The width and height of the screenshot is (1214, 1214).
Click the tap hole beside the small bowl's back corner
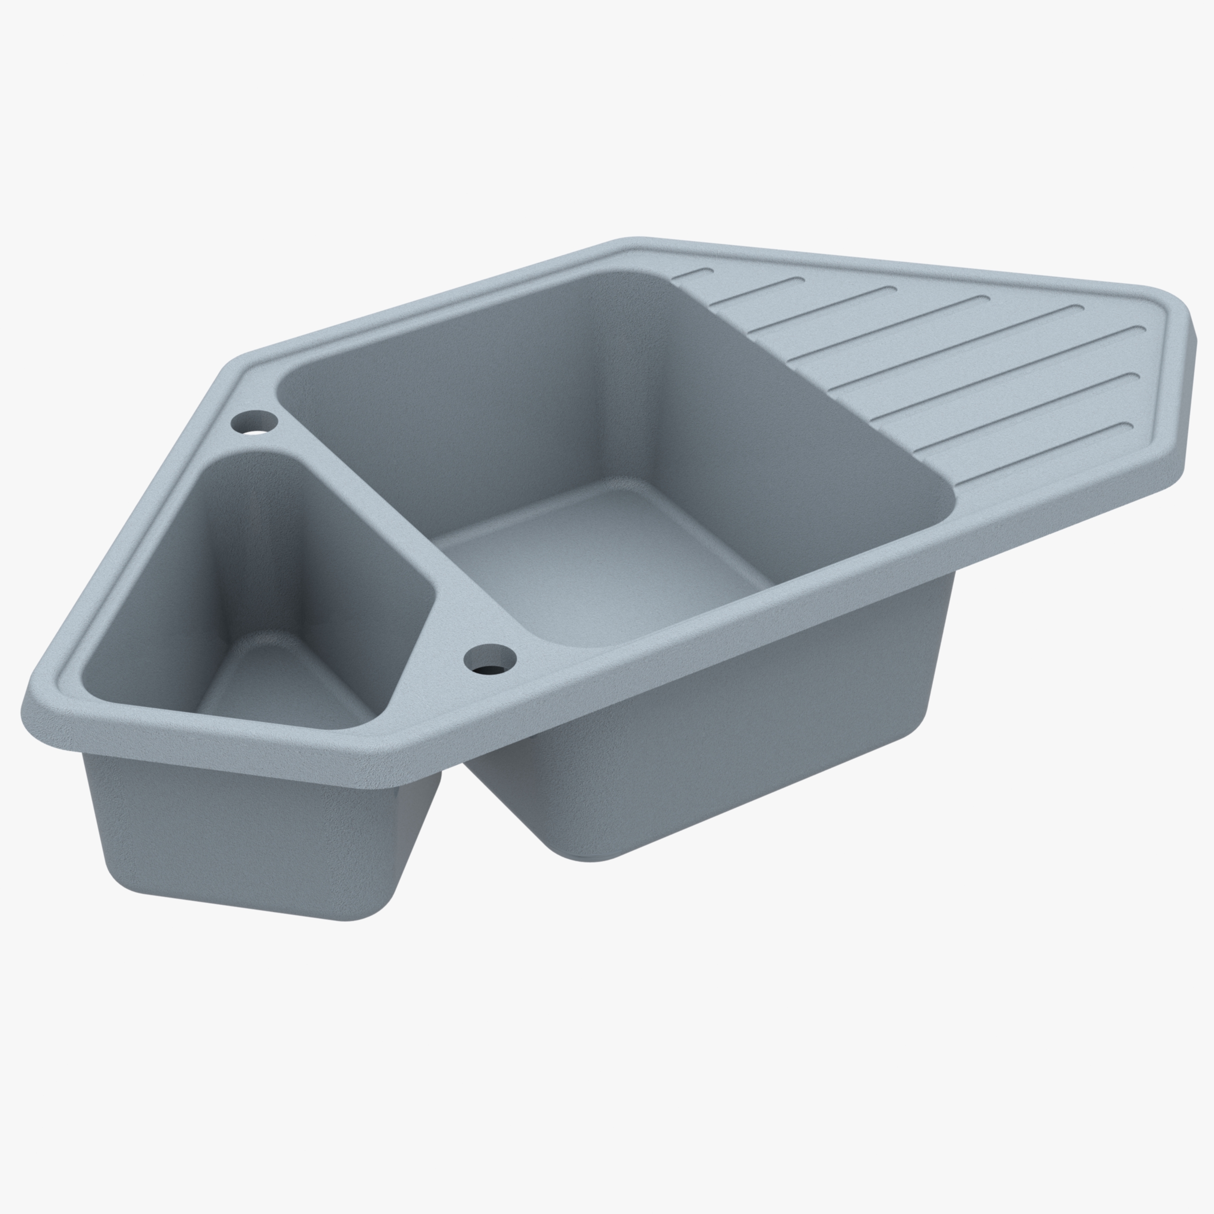coord(255,422)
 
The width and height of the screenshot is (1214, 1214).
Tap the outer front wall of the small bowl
coord(251,830)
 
